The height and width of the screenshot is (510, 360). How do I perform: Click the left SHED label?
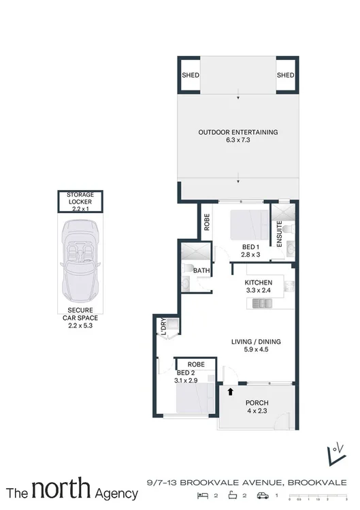(191, 76)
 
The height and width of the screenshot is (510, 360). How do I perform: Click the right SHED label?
(285, 76)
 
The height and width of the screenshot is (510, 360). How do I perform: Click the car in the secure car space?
(80, 258)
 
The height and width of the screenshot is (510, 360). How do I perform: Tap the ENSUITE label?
(279, 232)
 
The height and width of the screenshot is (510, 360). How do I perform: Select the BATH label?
(201, 270)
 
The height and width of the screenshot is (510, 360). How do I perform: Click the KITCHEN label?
(259, 283)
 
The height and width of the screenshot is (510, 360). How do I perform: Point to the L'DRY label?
(163, 328)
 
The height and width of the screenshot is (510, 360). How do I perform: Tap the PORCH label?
(256, 402)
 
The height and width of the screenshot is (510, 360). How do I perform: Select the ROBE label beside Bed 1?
(206, 223)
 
